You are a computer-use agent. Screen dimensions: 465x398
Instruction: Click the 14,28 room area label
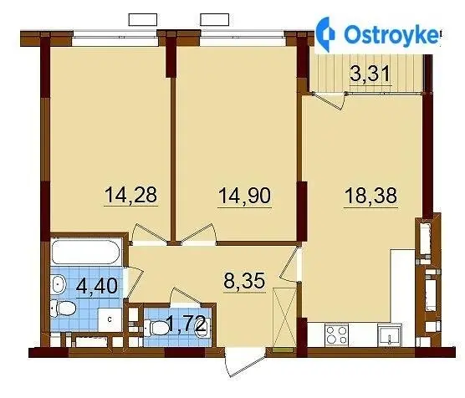click(x=130, y=195)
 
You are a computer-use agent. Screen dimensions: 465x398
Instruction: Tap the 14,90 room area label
click(x=245, y=196)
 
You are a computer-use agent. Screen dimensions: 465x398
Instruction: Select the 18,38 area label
click(x=370, y=196)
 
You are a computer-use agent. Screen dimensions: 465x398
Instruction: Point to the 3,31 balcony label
click(x=370, y=74)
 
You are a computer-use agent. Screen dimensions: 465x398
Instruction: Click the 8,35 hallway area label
click(x=244, y=280)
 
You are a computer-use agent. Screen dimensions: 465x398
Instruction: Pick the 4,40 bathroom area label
click(x=97, y=286)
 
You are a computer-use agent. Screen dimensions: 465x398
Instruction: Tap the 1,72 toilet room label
click(x=186, y=324)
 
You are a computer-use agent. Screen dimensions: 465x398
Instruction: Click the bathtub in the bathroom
click(x=85, y=252)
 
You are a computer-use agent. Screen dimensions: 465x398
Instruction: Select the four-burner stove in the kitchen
click(x=336, y=334)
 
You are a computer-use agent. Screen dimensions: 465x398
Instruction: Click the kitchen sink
click(x=390, y=335)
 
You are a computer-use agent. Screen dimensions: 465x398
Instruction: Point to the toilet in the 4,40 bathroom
click(x=63, y=309)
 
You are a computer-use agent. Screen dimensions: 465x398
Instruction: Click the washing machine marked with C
click(x=110, y=319)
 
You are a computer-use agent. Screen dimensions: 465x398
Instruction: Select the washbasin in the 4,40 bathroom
click(x=58, y=284)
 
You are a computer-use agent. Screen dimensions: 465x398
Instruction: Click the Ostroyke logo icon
click(x=325, y=34)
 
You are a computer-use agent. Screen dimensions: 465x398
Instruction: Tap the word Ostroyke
click(x=391, y=34)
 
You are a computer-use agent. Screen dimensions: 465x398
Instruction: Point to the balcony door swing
click(x=330, y=101)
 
